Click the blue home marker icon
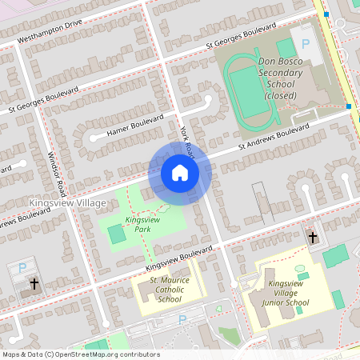click(179, 173)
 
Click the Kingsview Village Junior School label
click(289, 293)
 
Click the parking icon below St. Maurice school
click(182, 320)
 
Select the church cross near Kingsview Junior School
click(313, 238)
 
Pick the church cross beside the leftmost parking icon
click(34, 284)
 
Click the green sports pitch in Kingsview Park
click(117, 234)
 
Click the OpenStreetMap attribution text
click(80, 354)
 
